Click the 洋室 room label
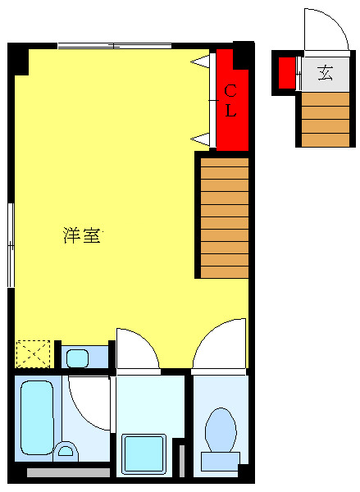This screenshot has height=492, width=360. point(82,236)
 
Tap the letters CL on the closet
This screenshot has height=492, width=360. point(231,100)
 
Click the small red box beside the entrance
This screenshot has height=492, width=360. point(286,73)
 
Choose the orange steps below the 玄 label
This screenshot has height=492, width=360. point(325,119)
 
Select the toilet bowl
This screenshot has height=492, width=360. point(220,432)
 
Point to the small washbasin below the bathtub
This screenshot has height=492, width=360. point(66,451)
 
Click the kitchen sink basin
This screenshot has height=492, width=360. point(78,358)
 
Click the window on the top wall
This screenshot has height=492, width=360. point(115,46)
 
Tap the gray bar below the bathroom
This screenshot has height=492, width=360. point(68,472)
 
